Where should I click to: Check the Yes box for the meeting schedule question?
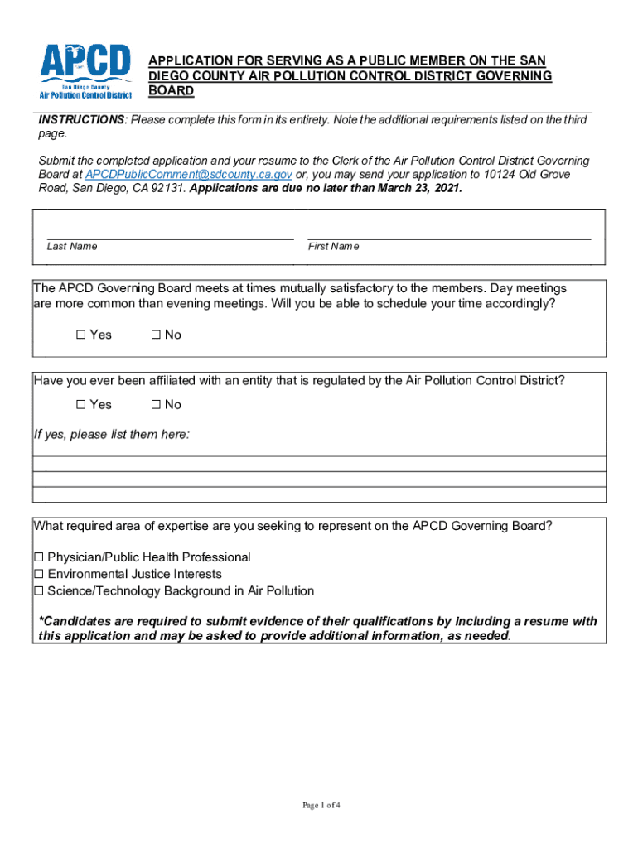(81, 335)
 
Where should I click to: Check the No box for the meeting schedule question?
(156, 335)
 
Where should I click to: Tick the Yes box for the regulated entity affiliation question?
(81, 405)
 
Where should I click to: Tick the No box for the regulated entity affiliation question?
(156, 405)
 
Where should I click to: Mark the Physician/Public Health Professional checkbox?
(38, 558)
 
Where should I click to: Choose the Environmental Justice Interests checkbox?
(38, 575)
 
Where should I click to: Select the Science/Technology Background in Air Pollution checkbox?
(38, 591)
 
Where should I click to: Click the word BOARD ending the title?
(171, 90)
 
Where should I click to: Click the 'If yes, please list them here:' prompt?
(111, 435)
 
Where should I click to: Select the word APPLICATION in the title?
(189, 61)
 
